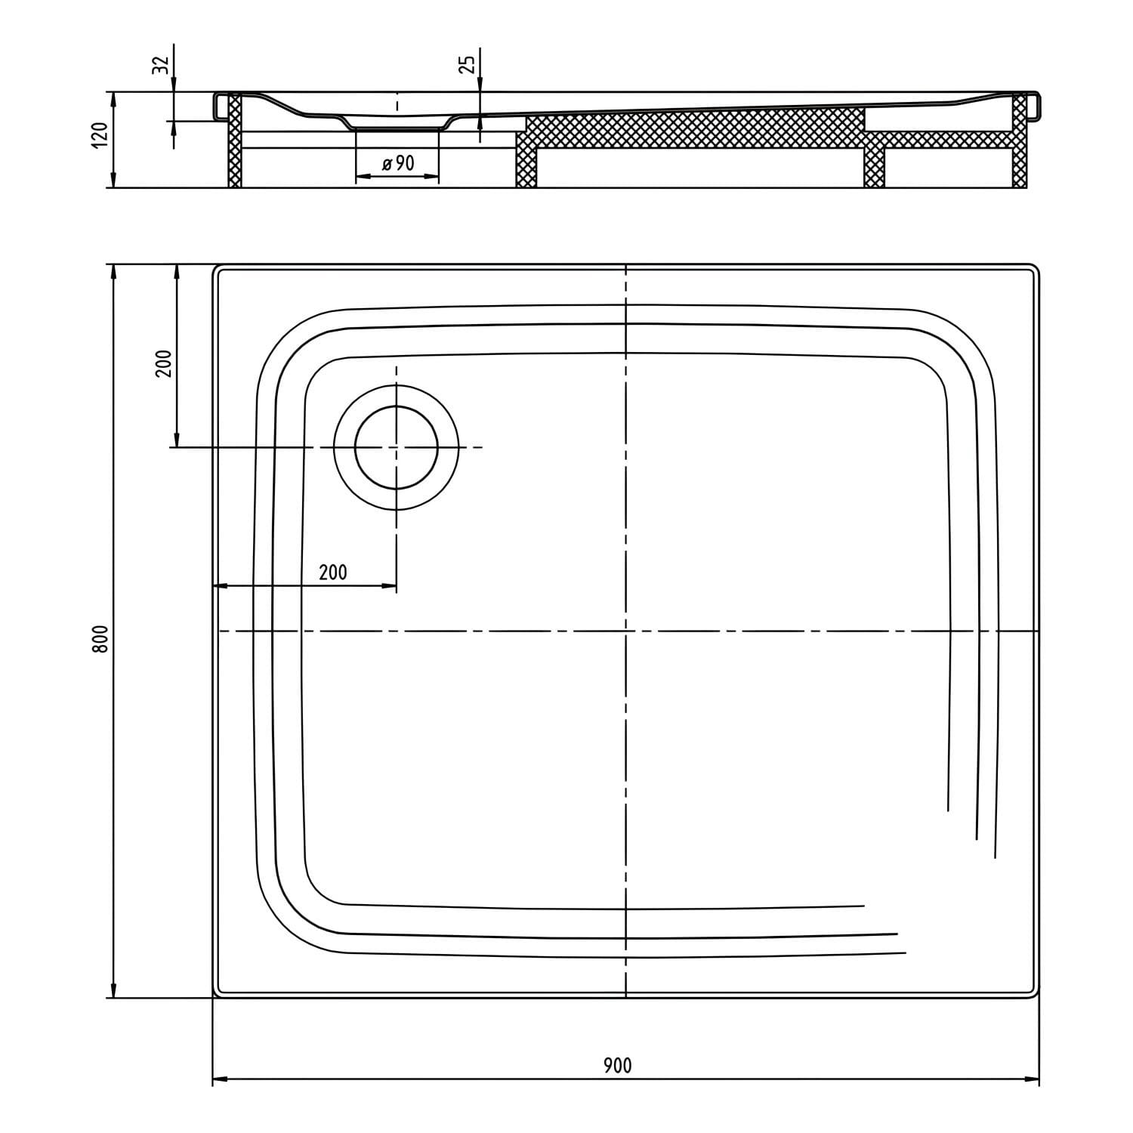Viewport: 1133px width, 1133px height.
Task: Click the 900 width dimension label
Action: click(617, 1065)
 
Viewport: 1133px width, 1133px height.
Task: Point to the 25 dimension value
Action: click(468, 64)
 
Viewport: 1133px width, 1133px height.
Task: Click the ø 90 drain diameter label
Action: click(398, 162)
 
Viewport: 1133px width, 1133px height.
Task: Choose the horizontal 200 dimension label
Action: click(333, 573)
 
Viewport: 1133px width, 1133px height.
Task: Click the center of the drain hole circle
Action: click(397, 447)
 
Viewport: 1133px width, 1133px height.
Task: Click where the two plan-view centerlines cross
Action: click(626, 630)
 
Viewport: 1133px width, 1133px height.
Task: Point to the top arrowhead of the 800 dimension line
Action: click(113, 272)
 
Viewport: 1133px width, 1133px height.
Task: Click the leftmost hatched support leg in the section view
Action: click(235, 140)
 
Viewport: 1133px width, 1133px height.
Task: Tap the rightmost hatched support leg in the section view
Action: click(1020, 140)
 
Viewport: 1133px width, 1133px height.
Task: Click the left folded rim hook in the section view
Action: click(220, 106)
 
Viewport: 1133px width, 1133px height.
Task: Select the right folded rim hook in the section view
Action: click(1033, 106)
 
